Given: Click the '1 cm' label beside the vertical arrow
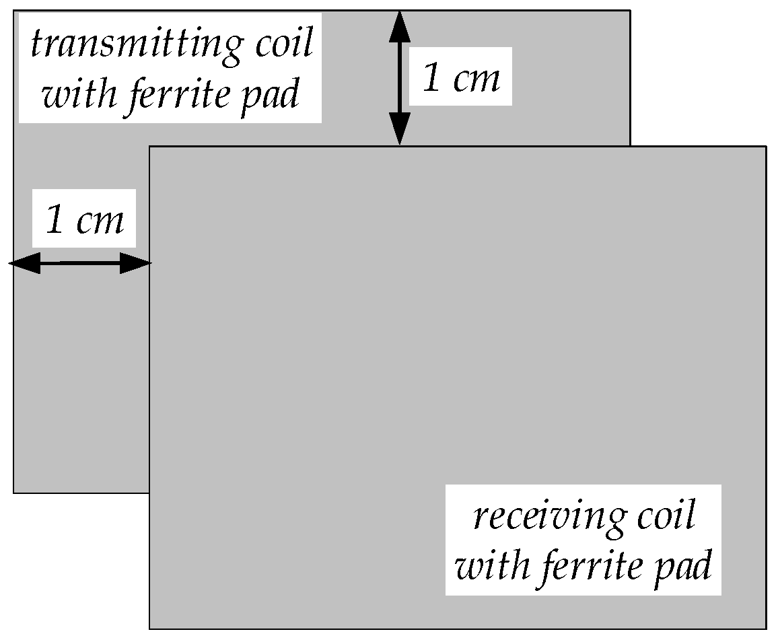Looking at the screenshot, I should [x=461, y=77].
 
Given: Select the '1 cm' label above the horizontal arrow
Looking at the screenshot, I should [x=85, y=219].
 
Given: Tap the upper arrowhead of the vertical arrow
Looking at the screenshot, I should [x=400, y=26].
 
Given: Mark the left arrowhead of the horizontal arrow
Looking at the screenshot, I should [x=24, y=263].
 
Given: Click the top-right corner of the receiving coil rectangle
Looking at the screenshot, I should [x=766, y=146].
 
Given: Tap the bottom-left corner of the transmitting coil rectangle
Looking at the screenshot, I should [x=14, y=493].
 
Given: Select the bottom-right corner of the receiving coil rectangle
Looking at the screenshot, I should [x=766, y=629].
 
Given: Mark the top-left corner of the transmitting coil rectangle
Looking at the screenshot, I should [x=14, y=11].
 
